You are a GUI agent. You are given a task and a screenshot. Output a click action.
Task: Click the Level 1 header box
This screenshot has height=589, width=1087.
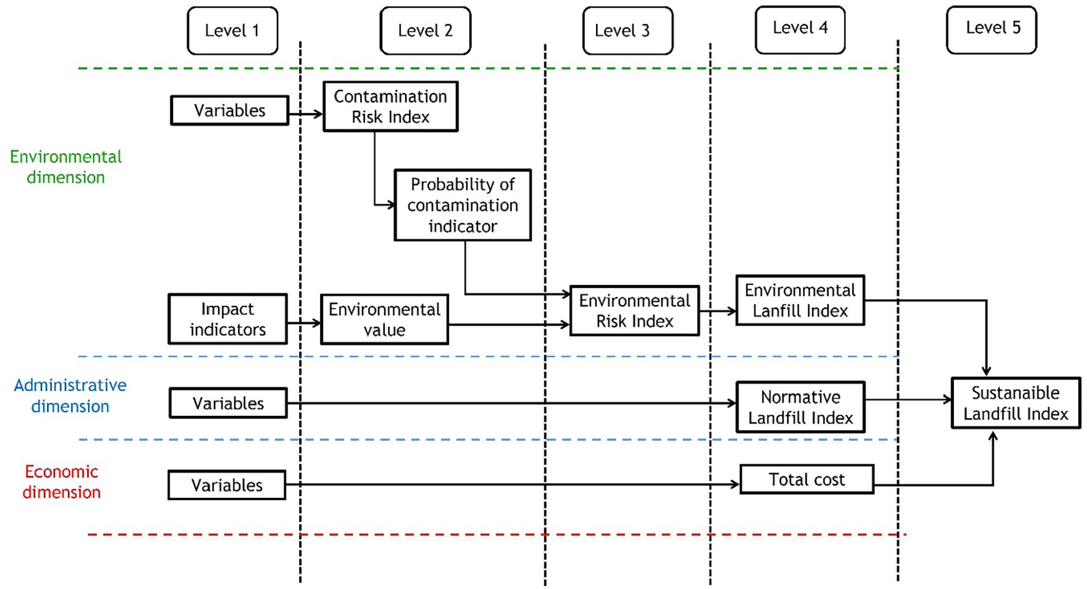233,31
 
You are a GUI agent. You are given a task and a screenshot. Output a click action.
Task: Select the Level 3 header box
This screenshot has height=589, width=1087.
628,31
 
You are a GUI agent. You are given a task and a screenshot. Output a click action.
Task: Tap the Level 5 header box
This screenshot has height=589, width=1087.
992,30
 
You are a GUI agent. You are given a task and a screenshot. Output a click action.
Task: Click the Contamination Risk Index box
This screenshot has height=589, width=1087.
390,107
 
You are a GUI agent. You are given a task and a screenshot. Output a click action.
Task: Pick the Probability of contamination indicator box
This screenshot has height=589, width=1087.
463,205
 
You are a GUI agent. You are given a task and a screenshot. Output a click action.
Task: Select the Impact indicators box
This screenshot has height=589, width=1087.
228,319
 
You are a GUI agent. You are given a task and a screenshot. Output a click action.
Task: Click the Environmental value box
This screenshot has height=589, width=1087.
384,320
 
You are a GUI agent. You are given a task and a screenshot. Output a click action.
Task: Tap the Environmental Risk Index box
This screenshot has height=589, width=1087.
634,311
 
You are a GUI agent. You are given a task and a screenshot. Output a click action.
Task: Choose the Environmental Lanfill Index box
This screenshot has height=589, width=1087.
800,300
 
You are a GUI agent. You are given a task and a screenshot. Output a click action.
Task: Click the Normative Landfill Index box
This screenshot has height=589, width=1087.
801,408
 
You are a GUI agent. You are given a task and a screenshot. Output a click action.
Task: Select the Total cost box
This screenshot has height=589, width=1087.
807,480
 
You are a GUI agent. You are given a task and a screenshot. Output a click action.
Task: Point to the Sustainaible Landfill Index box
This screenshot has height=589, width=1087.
1016,403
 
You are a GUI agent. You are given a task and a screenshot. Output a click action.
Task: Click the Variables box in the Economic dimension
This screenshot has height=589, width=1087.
227,485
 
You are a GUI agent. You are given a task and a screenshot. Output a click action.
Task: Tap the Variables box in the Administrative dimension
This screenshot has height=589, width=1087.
228,403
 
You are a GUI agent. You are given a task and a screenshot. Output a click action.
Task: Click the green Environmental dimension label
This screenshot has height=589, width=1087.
66,167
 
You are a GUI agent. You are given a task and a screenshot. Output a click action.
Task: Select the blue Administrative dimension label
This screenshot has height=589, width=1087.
70,396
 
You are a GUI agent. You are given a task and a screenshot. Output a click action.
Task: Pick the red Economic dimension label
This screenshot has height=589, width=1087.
62,482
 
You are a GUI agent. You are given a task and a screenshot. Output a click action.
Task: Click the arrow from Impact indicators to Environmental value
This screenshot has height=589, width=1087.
304,323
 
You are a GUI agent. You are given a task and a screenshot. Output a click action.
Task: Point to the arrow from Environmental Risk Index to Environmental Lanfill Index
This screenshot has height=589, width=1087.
718,311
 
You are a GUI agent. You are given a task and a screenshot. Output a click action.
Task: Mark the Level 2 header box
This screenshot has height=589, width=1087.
426,31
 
